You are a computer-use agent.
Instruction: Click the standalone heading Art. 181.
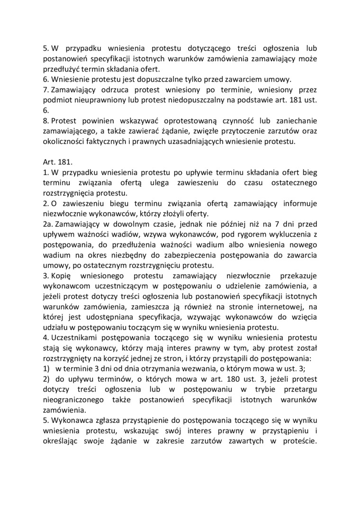(56, 162)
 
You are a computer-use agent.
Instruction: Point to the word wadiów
(123, 235)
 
